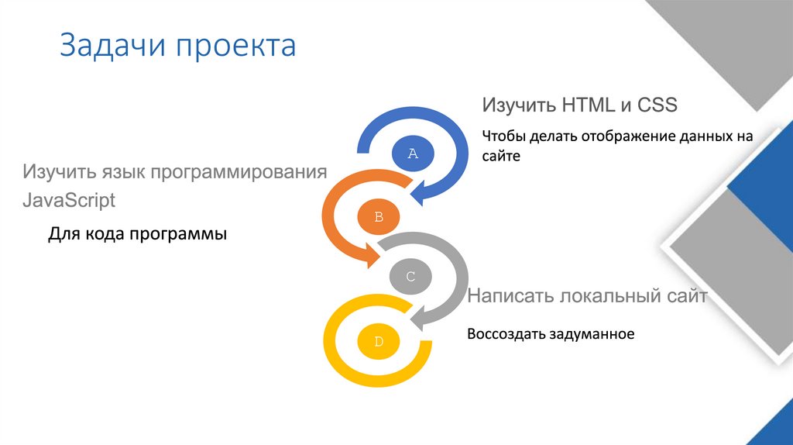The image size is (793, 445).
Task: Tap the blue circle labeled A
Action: pos(413,154)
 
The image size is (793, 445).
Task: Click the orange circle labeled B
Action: pos(379,217)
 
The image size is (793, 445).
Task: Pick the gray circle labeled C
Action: pos(411,277)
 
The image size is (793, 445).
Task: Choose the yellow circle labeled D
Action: pos(379,341)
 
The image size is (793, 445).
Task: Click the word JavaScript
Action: pos(69,200)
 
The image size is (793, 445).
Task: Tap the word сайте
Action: pos(502,156)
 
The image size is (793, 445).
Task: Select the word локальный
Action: pos(612,296)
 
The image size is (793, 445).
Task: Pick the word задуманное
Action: pos(592,334)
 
